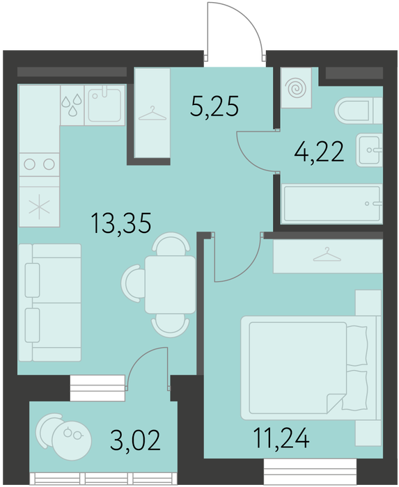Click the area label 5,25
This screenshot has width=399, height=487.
(x=214, y=106)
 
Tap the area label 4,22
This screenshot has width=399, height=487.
(x=319, y=152)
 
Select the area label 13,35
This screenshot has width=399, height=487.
(x=121, y=223)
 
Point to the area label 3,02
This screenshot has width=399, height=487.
(x=136, y=440)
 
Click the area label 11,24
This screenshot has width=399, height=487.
(x=281, y=438)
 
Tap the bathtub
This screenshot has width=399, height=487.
(x=332, y=204)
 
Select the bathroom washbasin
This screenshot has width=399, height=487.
(x=369, y=150)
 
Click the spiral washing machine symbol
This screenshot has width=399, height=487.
(x=296, y=88)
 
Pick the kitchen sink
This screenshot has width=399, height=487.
(x=104, y=105)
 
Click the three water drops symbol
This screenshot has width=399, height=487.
(x=72, y=105)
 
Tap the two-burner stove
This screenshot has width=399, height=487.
(x=39, y=164)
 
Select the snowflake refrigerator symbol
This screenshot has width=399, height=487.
(x=39, y=206)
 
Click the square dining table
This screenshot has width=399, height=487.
(x=171, y=284)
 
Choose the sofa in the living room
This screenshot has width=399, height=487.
(x=49, y=303)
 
